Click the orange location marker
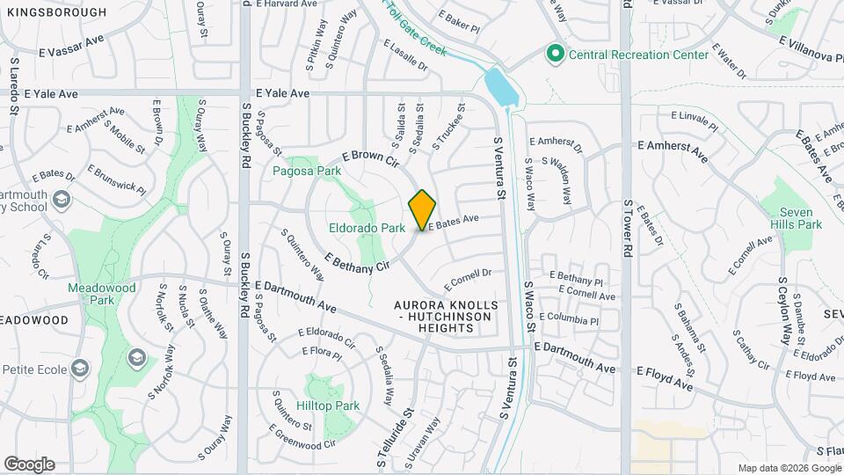click(x=423, y=209)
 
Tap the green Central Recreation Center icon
click(x=555, y=55)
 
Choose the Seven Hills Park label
click(x=804, y=218)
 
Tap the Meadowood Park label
click(x=102, y=294)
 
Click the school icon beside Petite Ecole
click(x=81, y=368)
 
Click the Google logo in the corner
click(x=29, y=464)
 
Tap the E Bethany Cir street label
click(x=357, y=261)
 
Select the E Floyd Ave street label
click(x=665, y=379)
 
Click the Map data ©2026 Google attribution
click(x=789, y=468)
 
